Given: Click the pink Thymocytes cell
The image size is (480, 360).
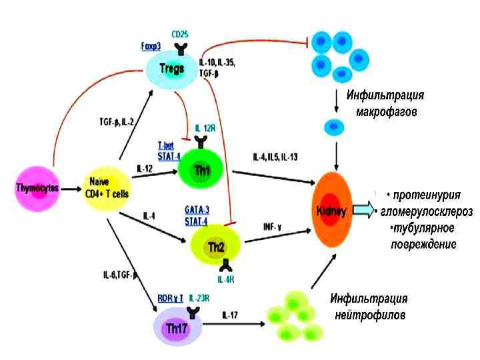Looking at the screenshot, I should click(37, 187).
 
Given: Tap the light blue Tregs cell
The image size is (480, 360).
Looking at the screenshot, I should click(171, 68).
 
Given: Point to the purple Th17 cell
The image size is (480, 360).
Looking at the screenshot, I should click(176, 327).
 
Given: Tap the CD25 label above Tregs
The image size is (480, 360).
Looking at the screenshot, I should click(179, 33).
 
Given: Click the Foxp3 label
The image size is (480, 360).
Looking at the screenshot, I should click(151, 47).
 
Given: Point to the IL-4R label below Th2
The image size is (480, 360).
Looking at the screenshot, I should click(226, 279).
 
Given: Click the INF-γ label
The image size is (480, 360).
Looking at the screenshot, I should click(272, 227).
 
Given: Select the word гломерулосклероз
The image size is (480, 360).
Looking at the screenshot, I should click(427, 212).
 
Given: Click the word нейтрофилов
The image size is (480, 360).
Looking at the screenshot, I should click(371, 314).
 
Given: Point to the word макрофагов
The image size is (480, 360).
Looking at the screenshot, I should click(385, 111).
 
